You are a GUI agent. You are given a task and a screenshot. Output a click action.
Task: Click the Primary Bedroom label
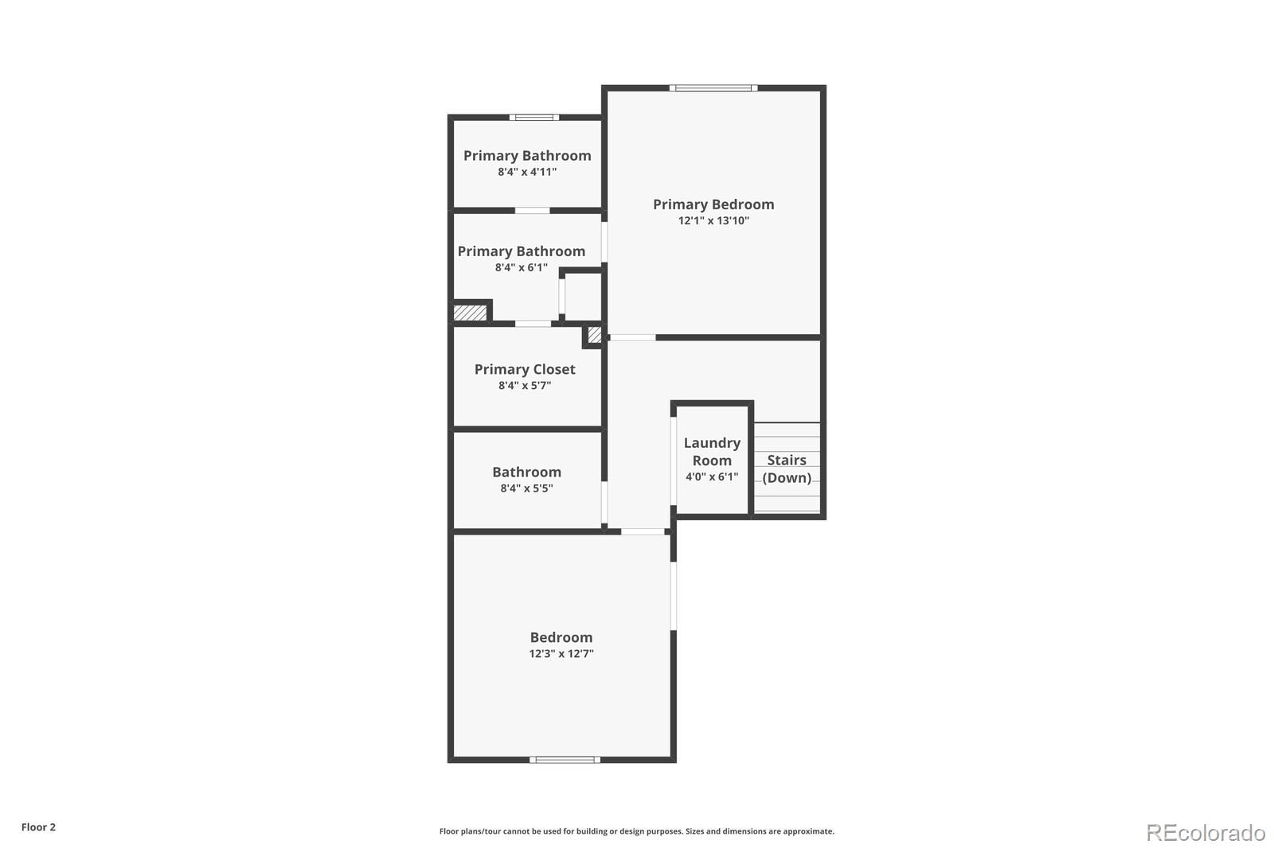(x=713, y=204)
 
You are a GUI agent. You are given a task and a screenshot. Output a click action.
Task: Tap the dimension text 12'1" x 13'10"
(x=713, y=221)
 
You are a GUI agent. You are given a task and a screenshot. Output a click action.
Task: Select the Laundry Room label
(x=711, y=451)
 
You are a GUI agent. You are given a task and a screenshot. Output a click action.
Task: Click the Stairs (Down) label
(x=786, y=469)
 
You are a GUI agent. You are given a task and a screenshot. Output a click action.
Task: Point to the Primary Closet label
(x=524, y=369)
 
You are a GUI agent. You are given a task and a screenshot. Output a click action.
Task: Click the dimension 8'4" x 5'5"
(x=526, y=488)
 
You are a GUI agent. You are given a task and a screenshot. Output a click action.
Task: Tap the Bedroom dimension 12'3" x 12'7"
(x=561, y=654)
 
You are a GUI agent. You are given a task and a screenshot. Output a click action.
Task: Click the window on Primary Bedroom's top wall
(x=713, y=88)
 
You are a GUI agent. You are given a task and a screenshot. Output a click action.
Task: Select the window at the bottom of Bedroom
(x=565, y=760)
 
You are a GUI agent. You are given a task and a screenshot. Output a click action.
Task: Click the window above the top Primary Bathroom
(x=533, y=118)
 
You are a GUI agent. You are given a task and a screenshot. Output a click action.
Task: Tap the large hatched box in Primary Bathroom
(x=470, y=313)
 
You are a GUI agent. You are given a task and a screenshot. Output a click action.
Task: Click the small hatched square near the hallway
(x=594, y=335)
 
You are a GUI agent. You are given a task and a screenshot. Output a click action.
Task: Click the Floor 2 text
(x=38, y=827)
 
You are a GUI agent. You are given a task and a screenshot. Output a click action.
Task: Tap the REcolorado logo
(x=1205, y=833)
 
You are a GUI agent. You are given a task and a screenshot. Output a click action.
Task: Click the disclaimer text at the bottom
(x=636, y=831)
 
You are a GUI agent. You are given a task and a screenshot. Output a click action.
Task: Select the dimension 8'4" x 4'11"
(x=526, y=172)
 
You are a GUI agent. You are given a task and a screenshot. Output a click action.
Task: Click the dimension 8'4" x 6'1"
(x=521, y=268)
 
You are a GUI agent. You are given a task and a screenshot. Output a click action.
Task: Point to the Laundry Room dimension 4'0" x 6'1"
(x=711, y=477)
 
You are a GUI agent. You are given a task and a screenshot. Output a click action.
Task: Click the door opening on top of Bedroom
(x=642, y=531)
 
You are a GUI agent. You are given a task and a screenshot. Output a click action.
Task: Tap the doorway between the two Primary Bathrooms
(x=532, y=211)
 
